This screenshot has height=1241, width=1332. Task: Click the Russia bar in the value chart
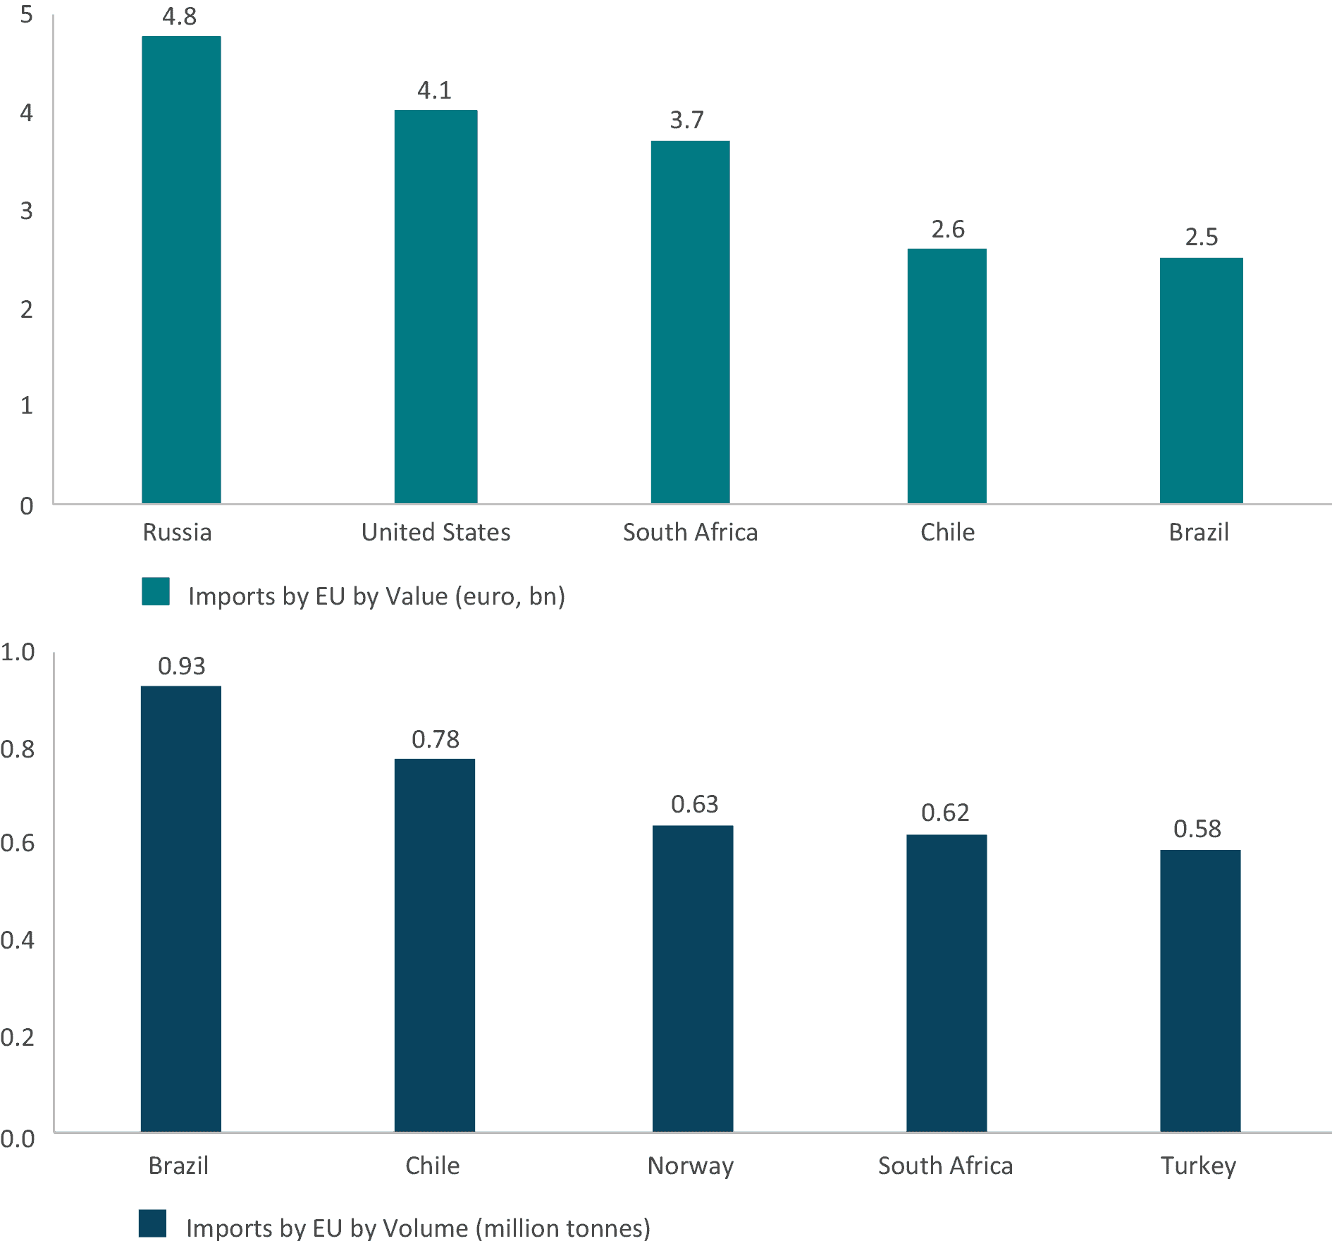tap(181, 269)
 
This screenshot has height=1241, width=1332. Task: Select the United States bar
tap(436, 307)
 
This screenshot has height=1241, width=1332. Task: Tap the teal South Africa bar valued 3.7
tap(690, 321)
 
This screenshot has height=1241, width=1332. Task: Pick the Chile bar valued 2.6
tap(946, 376)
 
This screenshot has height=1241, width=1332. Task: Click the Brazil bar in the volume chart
tap(180, 908)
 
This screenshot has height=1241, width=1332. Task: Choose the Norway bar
tap(693, 978)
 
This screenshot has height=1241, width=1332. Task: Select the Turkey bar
tap(1200, 990)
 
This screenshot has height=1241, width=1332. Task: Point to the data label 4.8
tap(180, 16)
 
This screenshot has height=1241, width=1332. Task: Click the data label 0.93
tap(181, 666)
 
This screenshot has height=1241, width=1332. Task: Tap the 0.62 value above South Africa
tap(945, 813)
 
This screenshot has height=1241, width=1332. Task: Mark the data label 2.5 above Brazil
tap(1201, 237)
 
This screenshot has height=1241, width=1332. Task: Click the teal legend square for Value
tap(156, 592)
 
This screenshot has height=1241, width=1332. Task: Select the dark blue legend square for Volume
tap(152, 1223)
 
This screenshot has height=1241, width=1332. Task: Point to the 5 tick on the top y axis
tap(26, 14)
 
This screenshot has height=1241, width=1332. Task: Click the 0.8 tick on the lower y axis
tap(18, 749)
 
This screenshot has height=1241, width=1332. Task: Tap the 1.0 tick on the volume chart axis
tap(18, 652)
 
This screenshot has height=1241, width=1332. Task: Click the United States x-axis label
tap(436, 532)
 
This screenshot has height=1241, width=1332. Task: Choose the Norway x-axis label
tap(691, 1166)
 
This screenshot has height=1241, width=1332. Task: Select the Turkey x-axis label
tap(1198, 1166)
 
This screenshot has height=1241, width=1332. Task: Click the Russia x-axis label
tap(177, 532)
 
